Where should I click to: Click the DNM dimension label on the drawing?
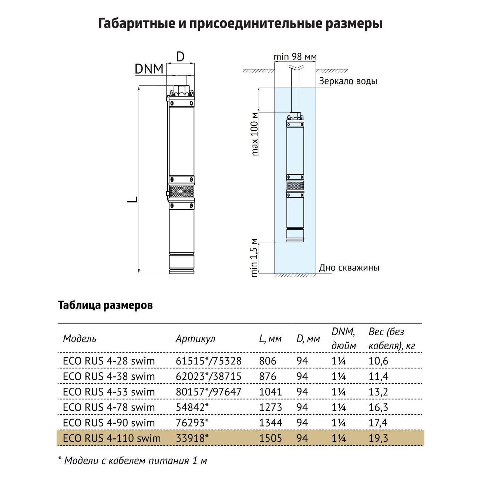(149, 69)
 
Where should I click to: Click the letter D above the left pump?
(180, 57)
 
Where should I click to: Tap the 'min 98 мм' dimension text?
(295, 57)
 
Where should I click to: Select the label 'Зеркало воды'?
(348, 81)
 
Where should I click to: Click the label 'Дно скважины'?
(349, 268)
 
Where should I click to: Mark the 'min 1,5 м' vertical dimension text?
(254, 258)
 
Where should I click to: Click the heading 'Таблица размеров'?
(105, 306)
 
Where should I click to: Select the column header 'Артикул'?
(195, 339)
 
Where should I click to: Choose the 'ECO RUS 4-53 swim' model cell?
(109, 392)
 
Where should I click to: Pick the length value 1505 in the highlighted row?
(270, 438)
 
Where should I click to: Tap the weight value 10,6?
(378, 361)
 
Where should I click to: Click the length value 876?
(268, 376)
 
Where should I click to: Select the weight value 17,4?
(378, 423)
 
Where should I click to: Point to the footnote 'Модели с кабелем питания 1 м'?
(135, 461)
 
